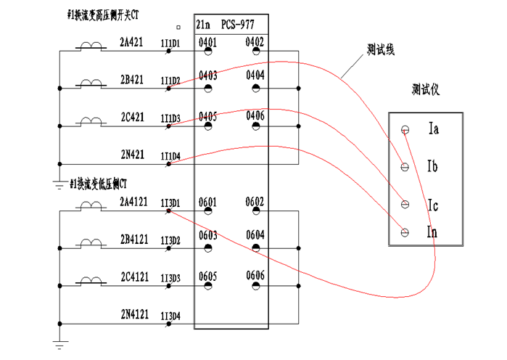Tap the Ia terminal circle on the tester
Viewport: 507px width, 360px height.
(405, 130)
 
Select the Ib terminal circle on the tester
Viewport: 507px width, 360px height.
(405, 167)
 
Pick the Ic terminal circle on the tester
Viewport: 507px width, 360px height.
(405, 204)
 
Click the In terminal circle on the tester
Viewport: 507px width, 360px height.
(405, 232)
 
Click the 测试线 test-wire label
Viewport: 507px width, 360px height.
(380, 52)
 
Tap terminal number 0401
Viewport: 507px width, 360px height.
(207, 42)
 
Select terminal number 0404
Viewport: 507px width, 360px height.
(255, 75)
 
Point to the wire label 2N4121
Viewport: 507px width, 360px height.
(134, 314)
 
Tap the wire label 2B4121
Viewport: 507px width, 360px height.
(134, 237)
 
